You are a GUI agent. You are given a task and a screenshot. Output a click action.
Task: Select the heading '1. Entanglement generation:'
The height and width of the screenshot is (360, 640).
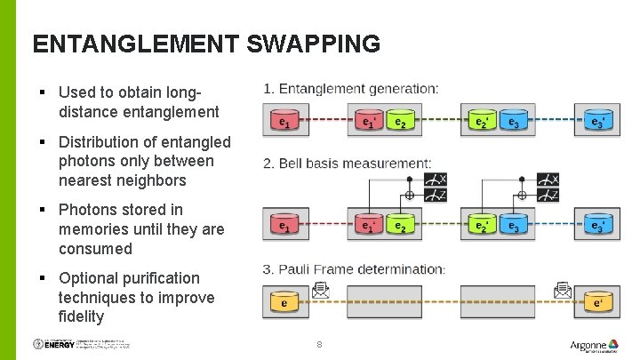(350, 89)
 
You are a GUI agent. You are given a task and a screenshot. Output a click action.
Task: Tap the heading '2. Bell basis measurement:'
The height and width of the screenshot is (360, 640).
(347, 164)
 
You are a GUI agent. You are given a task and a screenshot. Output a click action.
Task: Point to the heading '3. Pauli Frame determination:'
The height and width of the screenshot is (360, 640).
(354, 269)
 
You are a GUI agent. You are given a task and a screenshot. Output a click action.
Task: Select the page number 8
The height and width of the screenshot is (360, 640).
(319, 345)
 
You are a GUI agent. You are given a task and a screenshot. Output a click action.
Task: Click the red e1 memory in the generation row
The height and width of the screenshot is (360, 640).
(284, 121)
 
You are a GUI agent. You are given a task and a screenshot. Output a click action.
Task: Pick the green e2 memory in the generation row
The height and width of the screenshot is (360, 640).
(401, 121)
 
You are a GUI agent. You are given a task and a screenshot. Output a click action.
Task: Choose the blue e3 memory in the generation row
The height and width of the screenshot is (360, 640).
(513, 121)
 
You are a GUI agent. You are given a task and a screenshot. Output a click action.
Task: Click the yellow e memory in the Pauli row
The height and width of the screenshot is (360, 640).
(284, 302)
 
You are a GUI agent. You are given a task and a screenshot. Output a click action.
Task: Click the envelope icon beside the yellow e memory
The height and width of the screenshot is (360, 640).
(319, 289)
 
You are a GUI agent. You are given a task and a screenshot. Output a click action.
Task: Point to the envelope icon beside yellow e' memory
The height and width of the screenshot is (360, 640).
(562, 289)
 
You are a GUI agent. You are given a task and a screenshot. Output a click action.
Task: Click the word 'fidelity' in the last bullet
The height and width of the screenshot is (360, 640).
(81, 316)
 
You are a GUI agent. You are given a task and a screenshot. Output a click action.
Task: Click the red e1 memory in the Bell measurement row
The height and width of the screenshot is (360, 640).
(284, 227)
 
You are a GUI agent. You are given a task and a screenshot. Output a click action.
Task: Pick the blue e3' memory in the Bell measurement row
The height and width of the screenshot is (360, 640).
(597, 227)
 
